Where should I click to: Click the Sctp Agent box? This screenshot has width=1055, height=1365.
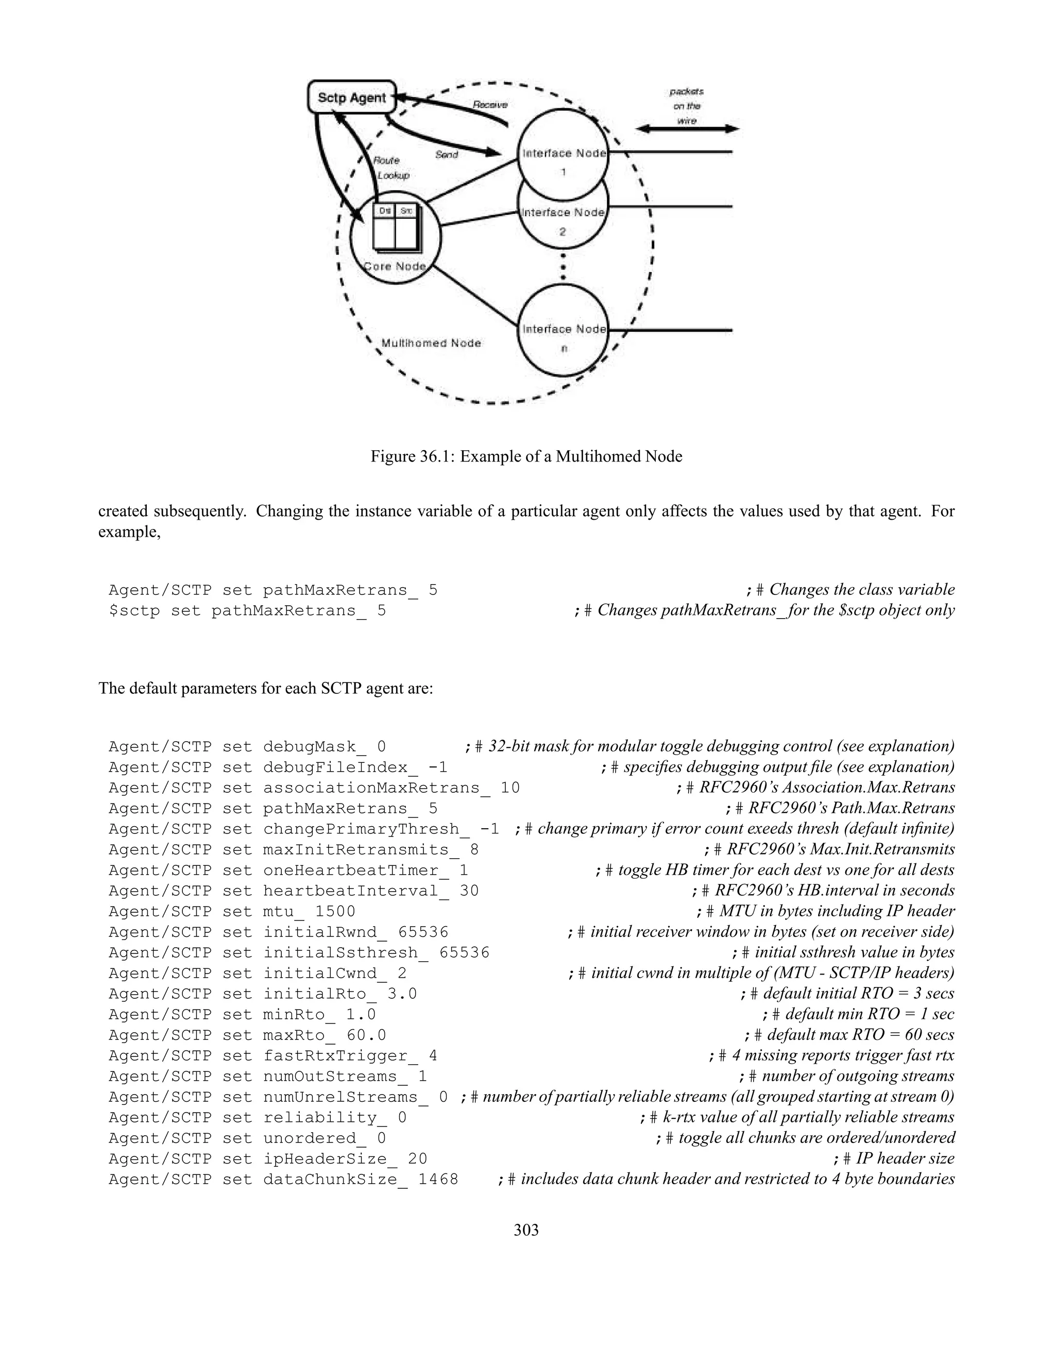point(352,97)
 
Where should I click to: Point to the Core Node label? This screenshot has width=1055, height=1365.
point(395,267)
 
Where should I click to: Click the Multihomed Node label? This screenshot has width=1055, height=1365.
point(431,343)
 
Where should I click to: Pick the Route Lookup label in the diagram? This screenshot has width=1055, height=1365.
point(390,168)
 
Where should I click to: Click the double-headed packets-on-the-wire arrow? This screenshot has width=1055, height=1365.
point(687,129)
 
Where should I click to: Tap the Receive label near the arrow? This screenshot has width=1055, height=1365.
point(490,105)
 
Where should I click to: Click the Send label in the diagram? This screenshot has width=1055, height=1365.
point(447,155)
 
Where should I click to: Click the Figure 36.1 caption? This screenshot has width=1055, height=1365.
point(526,456)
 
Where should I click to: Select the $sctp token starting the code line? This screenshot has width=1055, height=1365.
point(134,610)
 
